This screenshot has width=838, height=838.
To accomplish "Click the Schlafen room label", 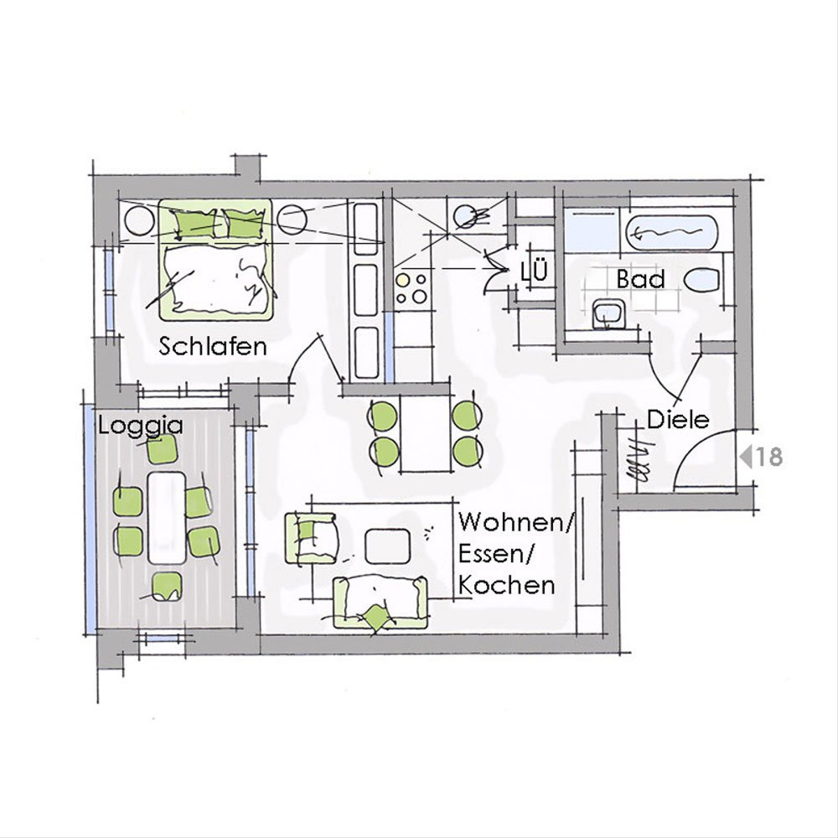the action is [x=213, y=346].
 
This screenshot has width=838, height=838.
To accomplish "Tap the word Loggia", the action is [x=140, y=427].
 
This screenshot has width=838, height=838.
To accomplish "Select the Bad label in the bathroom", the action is [x=640, y=279].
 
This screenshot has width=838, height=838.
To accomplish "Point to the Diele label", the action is [x=678, y=420].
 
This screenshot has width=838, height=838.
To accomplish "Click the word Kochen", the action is [x=507, y=585].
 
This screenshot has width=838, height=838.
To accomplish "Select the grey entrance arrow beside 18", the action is [x=746, y=457].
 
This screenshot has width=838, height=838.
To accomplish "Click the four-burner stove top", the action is [x=411, y=288].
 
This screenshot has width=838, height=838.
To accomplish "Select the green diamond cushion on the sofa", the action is [x=375, y=617].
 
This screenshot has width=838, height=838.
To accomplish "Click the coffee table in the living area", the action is [x=388, y=545].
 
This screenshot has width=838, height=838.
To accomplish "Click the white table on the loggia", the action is [x=167, y=518].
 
